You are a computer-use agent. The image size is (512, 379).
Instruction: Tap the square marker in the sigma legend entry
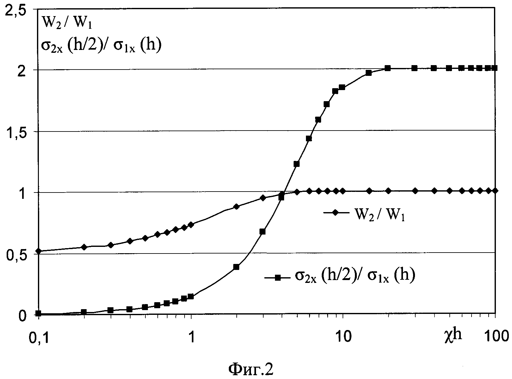[277, 278]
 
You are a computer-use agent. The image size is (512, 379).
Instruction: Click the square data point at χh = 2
[236, 267]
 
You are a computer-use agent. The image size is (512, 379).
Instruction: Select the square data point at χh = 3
[262, 232]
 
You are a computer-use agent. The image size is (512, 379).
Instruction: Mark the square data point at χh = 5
[296, 164]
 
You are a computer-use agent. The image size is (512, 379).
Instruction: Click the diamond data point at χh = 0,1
[39, 251]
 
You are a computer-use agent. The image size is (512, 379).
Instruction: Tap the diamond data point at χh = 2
[236, 207]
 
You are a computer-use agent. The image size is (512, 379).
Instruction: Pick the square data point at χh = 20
[388, 68]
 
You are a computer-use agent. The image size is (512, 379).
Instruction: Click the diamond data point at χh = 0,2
[84, 247]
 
